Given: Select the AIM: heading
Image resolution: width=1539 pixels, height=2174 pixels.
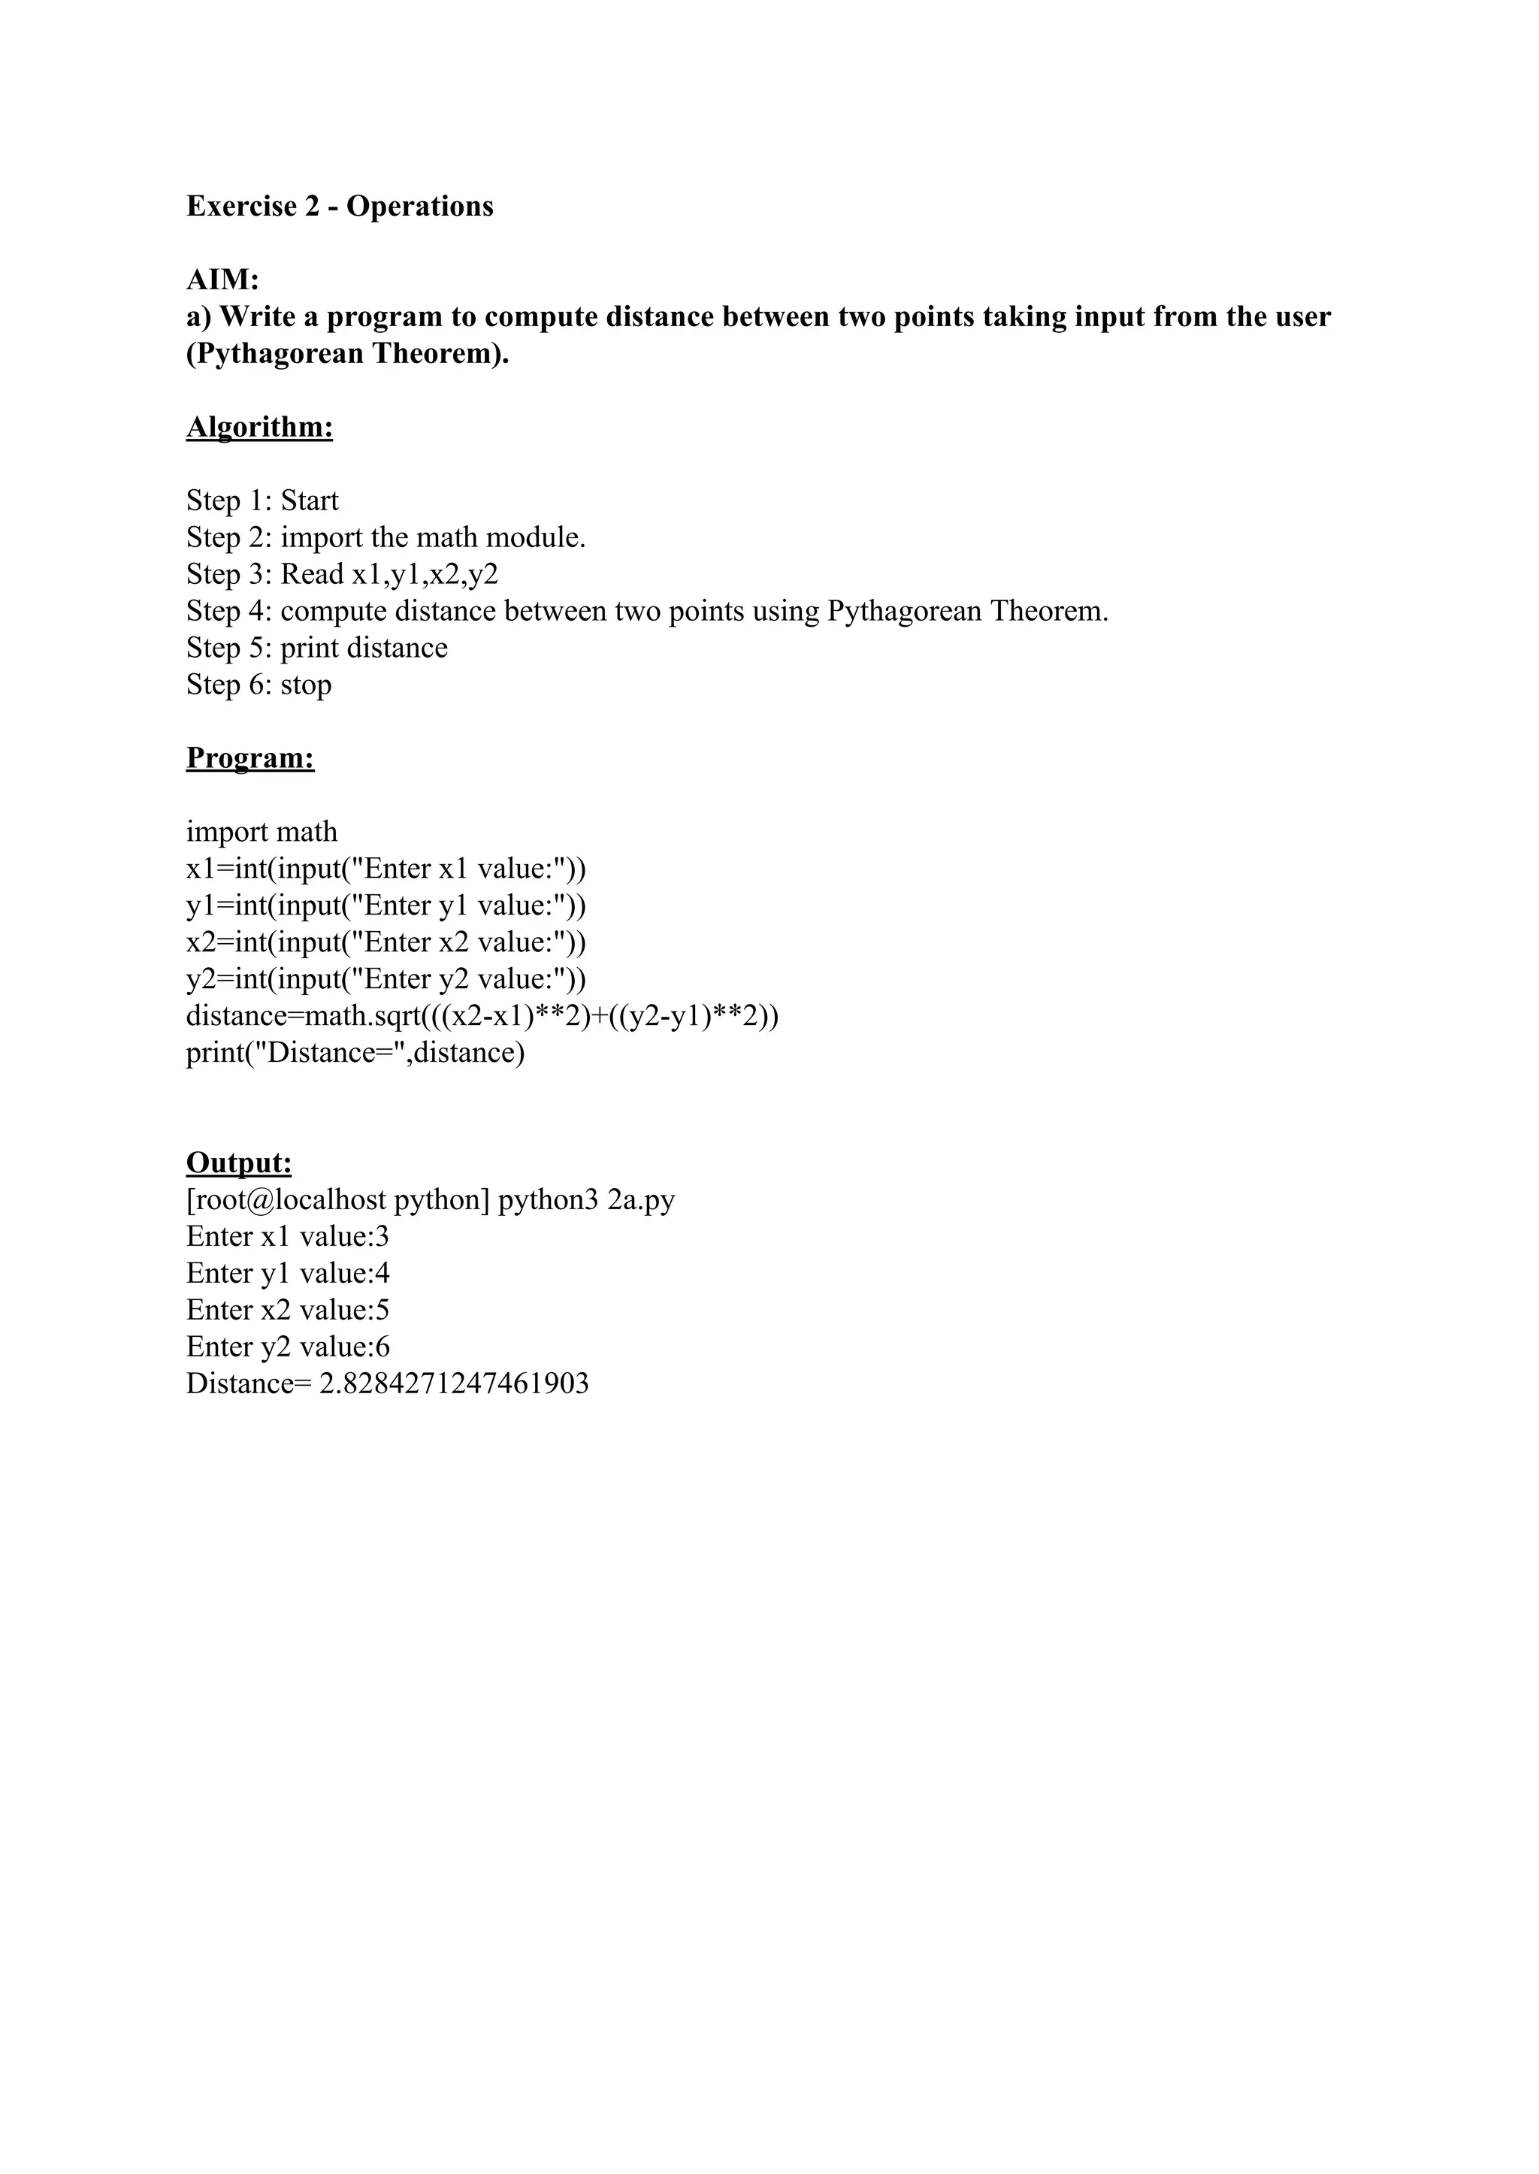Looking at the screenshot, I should (222, 280).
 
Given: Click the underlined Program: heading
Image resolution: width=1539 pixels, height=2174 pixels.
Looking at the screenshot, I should (250, 758).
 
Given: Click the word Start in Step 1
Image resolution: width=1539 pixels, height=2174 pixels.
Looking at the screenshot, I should (309, 500).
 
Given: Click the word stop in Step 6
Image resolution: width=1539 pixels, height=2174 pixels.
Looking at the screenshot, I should (305, 685).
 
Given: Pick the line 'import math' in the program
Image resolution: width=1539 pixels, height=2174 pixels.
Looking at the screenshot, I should (262, 832).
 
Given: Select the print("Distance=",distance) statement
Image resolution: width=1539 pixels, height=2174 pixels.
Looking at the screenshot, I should (355, 1053).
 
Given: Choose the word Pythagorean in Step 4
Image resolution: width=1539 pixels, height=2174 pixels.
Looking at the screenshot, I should (904, 611).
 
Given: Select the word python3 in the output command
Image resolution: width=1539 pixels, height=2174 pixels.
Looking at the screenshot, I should (548, 1201).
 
